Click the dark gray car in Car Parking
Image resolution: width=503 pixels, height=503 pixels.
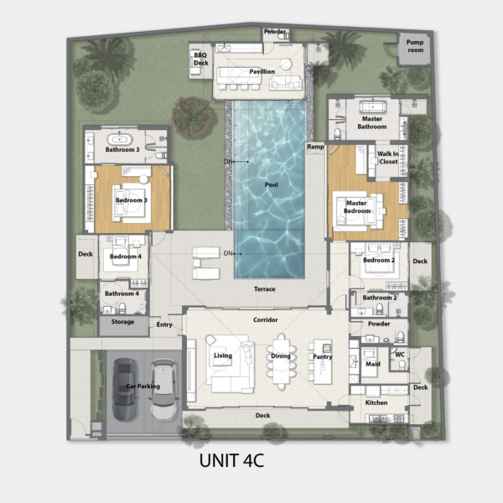126,390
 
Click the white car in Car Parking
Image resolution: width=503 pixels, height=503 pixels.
164,390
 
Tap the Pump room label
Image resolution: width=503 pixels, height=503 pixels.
415,46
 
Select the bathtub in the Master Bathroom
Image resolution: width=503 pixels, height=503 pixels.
373,106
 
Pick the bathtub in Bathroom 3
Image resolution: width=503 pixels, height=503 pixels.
119,139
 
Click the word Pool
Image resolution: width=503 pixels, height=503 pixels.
272,184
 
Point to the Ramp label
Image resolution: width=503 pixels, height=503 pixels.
316,147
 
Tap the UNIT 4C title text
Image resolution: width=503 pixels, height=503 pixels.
231,460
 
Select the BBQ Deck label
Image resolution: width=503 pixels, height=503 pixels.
201,59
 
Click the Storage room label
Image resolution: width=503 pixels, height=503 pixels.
122,322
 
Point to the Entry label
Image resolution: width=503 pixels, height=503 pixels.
164,324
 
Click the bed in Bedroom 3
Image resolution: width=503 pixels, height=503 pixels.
132,203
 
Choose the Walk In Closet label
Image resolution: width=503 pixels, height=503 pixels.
388,158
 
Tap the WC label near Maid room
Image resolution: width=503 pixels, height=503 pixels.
400,355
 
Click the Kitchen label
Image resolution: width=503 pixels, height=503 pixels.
376,402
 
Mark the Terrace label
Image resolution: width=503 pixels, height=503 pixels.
265,289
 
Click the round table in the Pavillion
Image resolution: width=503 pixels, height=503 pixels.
286,64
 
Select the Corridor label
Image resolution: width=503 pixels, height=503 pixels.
265,320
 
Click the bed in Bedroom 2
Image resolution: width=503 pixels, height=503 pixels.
380,262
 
